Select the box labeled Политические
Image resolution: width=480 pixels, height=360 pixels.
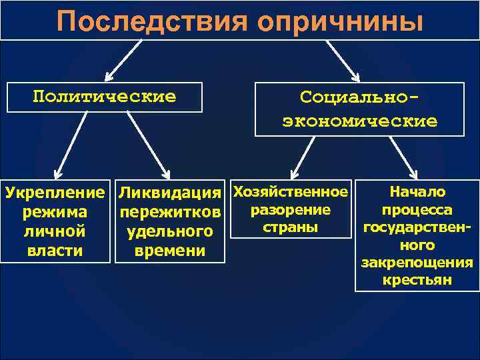pyautogui.click(x=105, y=97)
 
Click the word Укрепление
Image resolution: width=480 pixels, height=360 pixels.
pyautogui.click(x=55, y=193)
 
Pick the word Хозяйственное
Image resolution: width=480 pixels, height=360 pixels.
pyautogui.click(x=289, y=192)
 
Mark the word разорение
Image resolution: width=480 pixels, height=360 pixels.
pyautogui.click(x=289, y=210)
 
